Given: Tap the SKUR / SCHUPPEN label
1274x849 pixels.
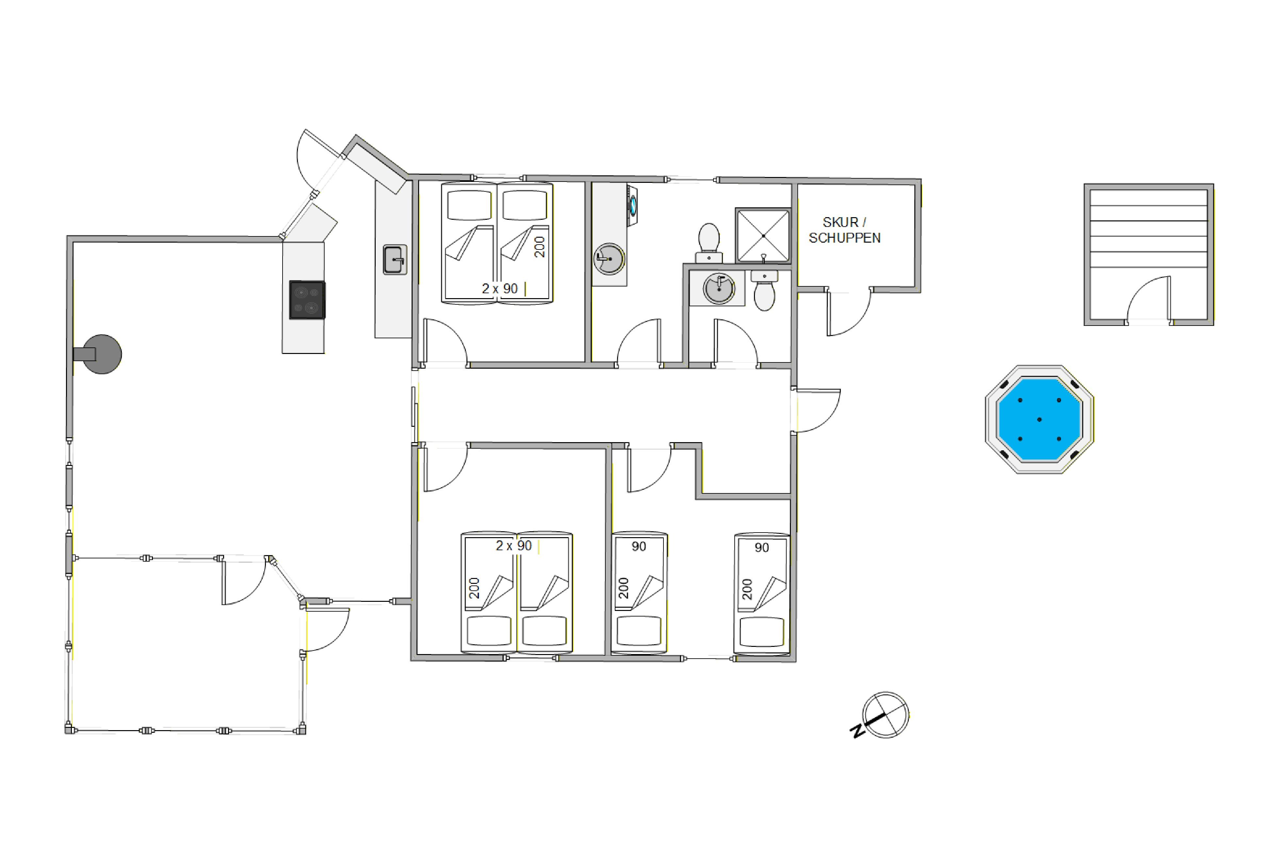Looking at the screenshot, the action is click(844, 230).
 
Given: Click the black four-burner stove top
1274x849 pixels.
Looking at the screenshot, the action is click(307, 299).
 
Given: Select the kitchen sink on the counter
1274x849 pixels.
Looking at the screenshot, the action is click(395, 260).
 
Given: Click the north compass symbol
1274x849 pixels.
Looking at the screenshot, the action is click(885, 715).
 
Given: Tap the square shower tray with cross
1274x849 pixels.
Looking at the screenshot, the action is click(763, 235).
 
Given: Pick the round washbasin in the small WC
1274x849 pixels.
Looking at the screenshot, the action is click(719, 289).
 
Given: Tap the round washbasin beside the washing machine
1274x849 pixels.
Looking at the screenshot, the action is click(609, 259).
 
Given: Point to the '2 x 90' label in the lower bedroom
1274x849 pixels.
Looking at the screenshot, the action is click(514, 545).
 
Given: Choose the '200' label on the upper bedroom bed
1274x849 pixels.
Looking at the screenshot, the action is click(540, 247).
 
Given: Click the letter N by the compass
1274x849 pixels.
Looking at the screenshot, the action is click(857, 731).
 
